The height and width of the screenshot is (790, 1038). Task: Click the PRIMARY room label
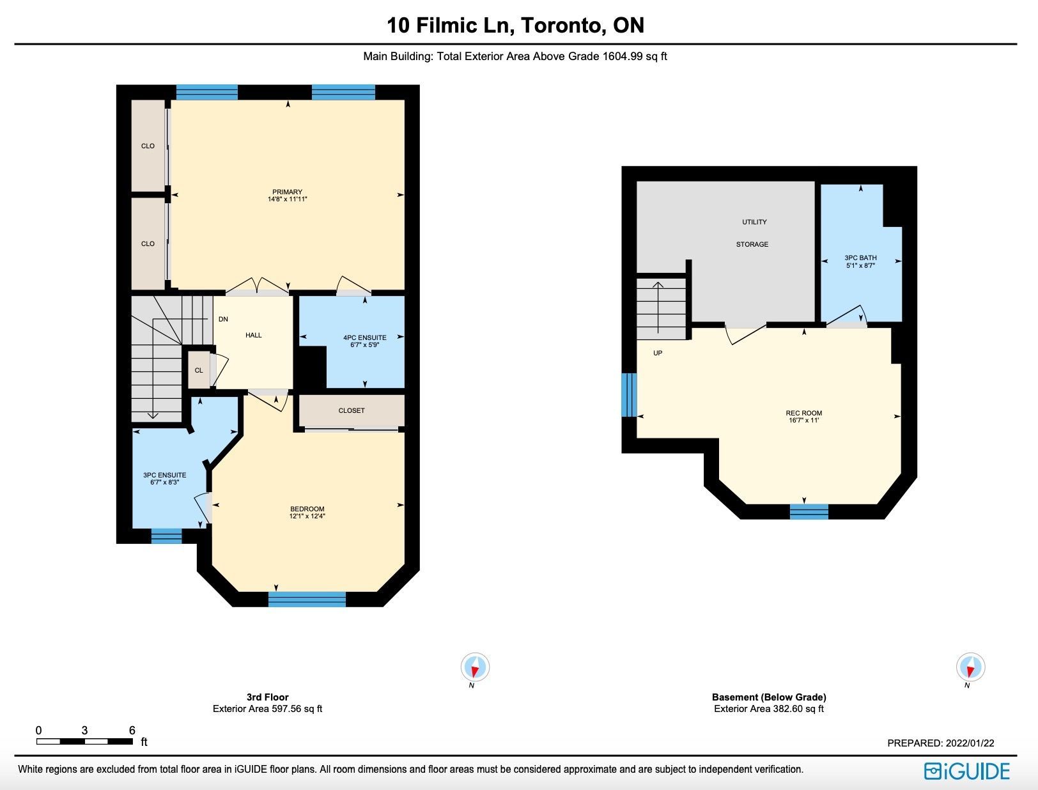[x=287, y=192]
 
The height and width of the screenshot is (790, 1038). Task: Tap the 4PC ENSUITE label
[x=364, y=337]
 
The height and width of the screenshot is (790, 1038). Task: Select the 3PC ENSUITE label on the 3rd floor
[x=164, y=475]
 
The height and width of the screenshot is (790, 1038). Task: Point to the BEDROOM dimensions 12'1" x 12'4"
[x=307, y=516]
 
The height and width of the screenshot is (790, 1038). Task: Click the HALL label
[x=254, y=335]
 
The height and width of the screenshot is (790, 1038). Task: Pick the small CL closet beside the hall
[x=199, y=370]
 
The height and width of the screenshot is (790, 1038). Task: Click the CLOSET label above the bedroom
[x=352, y=410]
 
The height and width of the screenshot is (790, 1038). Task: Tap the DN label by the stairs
[x=223, y=319]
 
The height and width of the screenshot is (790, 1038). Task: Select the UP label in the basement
[x=658, y=353]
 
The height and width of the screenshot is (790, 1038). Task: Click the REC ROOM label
[x=804, y=413]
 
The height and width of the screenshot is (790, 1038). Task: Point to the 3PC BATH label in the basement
[x=861, y=258]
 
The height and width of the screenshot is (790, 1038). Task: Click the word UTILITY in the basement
[x=754, y=222]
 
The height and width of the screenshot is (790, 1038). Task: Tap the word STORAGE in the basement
[x=752, y=244]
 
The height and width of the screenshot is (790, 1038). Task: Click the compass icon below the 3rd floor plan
[x=476, y=667]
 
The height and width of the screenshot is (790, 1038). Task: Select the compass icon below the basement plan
[x=970, y=667]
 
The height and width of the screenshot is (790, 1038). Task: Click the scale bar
[x=84, y=741]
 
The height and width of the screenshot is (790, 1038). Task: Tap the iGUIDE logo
[x=967, y=771]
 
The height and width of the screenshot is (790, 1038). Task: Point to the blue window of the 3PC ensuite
[x=166, y=536]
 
